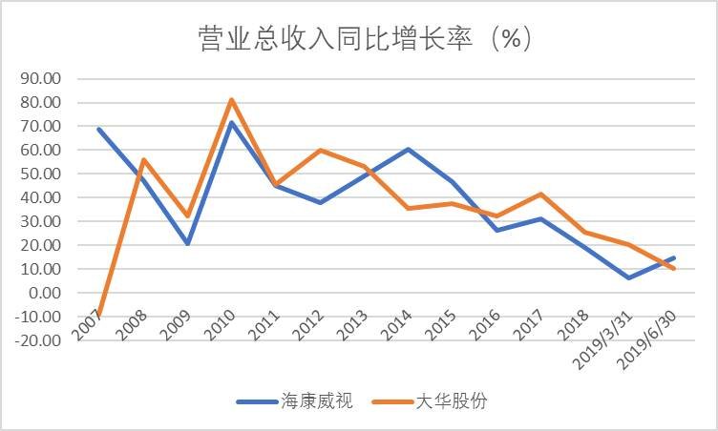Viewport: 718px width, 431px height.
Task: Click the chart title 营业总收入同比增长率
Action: [x=335, y=38]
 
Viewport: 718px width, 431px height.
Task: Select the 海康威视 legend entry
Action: [x=294, y=401]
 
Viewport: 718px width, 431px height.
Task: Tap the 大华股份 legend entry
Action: [x=430, y=401]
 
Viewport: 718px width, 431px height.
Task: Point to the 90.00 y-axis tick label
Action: [x=41, y=79]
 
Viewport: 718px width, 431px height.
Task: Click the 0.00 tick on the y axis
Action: [x=45, y=293]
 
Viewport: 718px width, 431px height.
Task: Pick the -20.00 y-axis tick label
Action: [x=38, y=340]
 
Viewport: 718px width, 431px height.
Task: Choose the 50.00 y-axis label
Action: [x=41, y=174]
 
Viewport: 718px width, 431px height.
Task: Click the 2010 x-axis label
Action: [x=220, y=325]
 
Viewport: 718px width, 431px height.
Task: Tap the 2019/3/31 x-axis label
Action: [x=603, y=340]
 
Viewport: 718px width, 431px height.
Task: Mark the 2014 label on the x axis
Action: [x=396, y=325]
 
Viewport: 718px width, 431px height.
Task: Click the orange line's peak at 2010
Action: [x=232, y=99]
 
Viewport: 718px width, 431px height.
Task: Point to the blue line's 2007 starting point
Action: [x=99, y=130]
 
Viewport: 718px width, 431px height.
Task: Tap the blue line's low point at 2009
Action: [x=188, y=243]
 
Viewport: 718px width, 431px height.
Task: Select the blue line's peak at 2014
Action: [x=408, y=149]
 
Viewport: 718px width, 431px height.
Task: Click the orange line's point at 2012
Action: [x=320, y=150]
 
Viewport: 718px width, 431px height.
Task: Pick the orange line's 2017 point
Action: [x=541, y=194]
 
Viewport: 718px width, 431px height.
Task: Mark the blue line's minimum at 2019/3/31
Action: [x=629, y=277]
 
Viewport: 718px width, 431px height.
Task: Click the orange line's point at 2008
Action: [x=143, y=159]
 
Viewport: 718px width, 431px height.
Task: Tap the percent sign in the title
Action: [x=511, y=38]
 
